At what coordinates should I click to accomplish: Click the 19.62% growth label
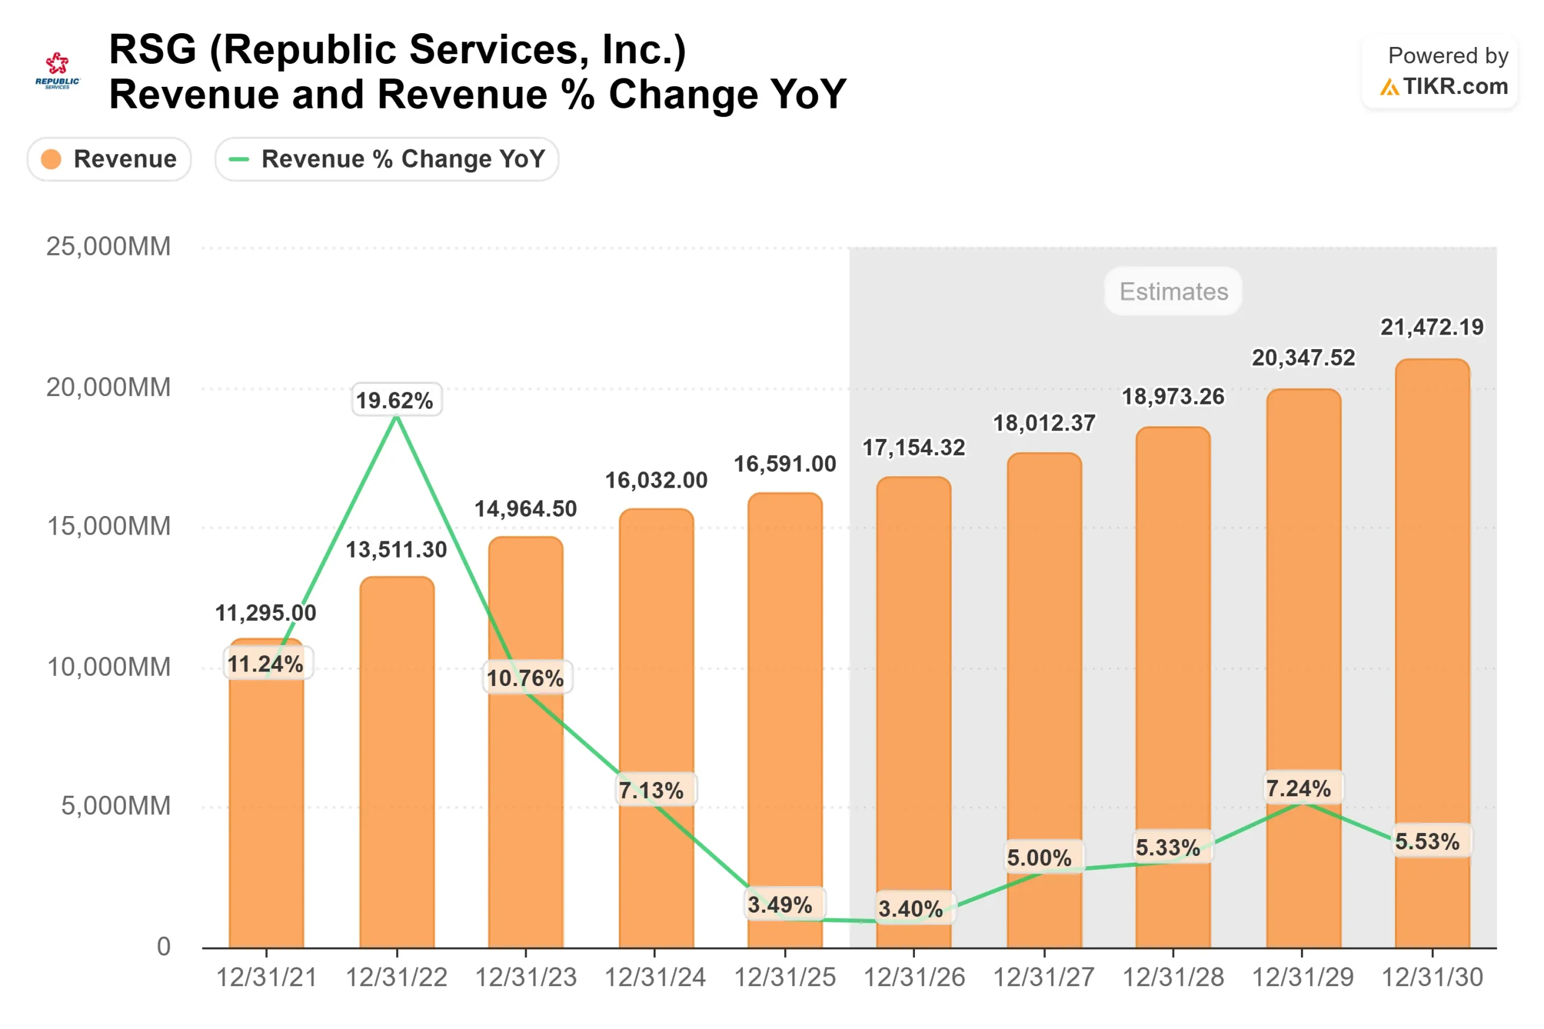(x=396, y=400)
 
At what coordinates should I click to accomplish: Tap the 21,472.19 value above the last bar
(x=1431, y=327)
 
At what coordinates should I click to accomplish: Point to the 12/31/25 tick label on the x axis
(x=785, y=978)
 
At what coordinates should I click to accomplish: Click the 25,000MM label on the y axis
(x=109, y=247)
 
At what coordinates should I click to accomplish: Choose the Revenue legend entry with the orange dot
(x=109, y=159)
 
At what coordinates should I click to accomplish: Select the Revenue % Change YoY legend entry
(x=387, y=159)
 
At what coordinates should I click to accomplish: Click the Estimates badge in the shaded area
(x=1173, y=291)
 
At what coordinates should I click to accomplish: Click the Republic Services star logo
(x=57, y=65)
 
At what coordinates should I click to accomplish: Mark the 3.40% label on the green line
(x=911, y=909)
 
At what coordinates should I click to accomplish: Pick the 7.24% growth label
(x=1299, y=788)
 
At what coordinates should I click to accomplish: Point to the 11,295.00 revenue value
(x=266, y=613)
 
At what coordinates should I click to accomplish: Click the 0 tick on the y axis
(x=163, y=947)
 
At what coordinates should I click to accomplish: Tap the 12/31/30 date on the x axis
(x=1432, y=978)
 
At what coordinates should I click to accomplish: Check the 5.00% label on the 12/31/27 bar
(x=1039, y=858)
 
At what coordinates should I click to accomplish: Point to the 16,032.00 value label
(x=656, y=480)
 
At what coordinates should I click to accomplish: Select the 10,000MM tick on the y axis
(x=109, y=667)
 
